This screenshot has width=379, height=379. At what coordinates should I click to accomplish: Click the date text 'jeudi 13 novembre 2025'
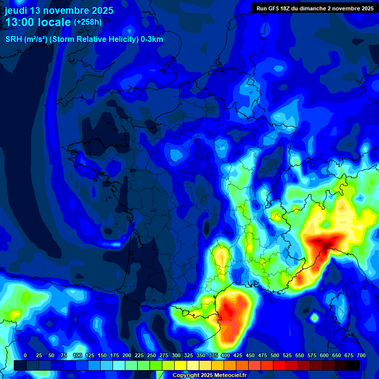tap(59, 10)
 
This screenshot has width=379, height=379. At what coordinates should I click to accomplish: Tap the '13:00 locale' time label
tap(38, 22)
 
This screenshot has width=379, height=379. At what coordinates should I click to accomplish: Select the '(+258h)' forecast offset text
tap(88, 22)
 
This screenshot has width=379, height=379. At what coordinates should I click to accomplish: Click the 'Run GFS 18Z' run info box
tap(314, 8)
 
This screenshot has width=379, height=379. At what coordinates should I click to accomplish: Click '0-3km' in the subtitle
tap(152, 39)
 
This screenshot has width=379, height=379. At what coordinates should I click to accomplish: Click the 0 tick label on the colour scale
tap(25, 355)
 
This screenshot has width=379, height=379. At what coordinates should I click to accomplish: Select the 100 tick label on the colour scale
tap(77, 355)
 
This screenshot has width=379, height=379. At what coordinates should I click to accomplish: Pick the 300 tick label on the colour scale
tap(176, 355)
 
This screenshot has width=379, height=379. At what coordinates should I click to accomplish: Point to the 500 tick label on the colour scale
tap(275, 355)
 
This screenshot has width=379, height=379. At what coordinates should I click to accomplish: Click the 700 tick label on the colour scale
tap(361, 355)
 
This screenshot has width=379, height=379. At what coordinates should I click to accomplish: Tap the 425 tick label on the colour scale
tap(238, 355)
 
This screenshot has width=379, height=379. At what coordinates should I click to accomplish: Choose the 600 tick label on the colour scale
tap(324, 355)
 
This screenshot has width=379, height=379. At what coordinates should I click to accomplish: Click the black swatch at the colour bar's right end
tap(353, 365)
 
